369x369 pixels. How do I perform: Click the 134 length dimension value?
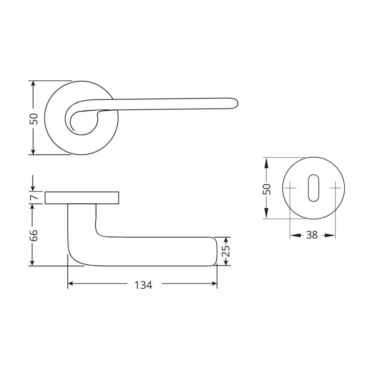click(143, 285)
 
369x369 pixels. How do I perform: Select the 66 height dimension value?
click(34, 235)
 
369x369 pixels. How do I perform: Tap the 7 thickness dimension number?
click(34, 198)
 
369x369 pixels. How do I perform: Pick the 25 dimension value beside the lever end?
click(226, 251)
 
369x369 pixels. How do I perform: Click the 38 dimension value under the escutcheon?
click(312, 235)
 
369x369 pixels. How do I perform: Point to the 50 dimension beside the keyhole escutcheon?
click(267, 188)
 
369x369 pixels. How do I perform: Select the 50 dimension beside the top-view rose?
click(34, 118)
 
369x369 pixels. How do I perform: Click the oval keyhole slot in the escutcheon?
click(313, 188)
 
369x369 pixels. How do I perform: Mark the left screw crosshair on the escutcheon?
click(290, 188)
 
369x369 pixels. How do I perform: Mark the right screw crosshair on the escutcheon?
click(336, 188)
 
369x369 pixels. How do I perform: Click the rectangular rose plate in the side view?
click(82, 198)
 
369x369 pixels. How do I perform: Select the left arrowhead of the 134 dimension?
click(71, 284)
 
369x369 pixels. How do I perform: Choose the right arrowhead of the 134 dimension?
click(214, 284)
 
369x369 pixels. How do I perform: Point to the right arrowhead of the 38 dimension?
click(332, 235)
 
